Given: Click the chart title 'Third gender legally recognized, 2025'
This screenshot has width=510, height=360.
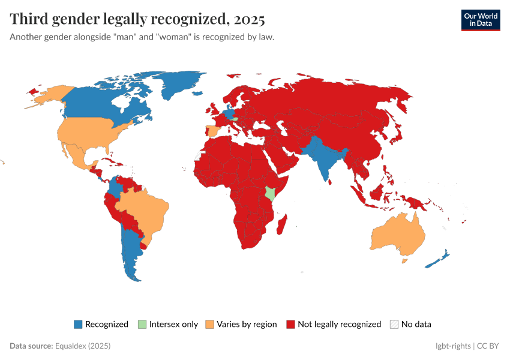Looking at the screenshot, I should click(x=137, y=19).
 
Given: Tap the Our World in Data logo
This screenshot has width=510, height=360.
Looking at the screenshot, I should click(x=480, y=19).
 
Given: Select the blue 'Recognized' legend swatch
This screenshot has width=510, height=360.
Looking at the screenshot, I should click(x=77, y=324).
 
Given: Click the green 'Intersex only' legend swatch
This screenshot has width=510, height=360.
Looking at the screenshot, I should click(x=142, y=324).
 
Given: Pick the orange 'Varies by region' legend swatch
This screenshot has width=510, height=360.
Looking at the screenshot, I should click(x=209, y=324).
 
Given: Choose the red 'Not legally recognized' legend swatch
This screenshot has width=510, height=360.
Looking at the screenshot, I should click(x=290, y=324).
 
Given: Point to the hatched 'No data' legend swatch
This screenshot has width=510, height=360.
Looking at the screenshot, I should click(x=394, y=324).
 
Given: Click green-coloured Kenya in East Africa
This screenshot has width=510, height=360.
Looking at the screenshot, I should click(x=270, y=193).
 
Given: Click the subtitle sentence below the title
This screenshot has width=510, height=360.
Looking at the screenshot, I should click(x=142, y=37).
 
